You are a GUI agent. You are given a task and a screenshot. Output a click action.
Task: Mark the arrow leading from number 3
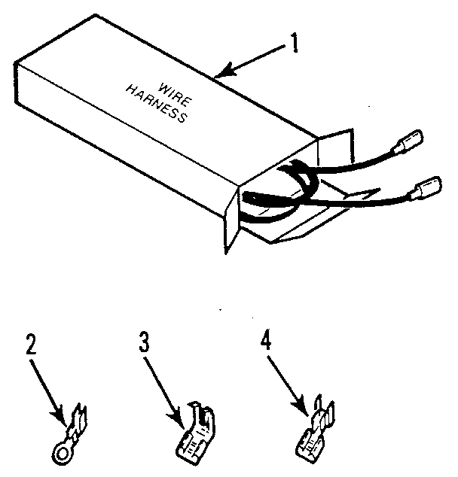[x=163, y=384]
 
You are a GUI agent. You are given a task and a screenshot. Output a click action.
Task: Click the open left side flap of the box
[x=230, y=218]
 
